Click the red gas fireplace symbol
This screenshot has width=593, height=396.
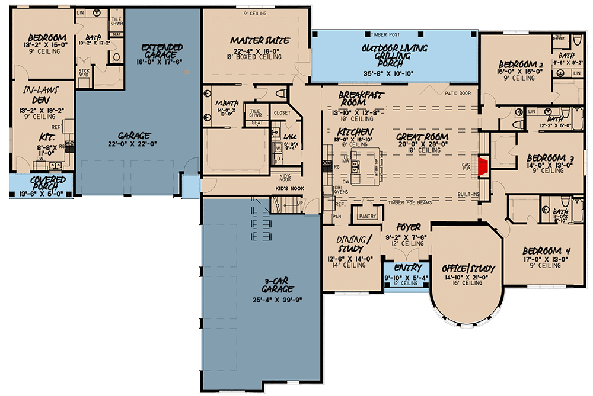coord(483,166)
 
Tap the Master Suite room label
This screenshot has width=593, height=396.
coord(260,41)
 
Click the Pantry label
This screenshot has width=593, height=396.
coord(368,216)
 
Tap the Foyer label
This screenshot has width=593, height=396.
coord(409,227)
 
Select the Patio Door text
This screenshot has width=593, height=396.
coord(456,93)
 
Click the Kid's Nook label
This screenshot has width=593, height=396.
coord(289,189)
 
